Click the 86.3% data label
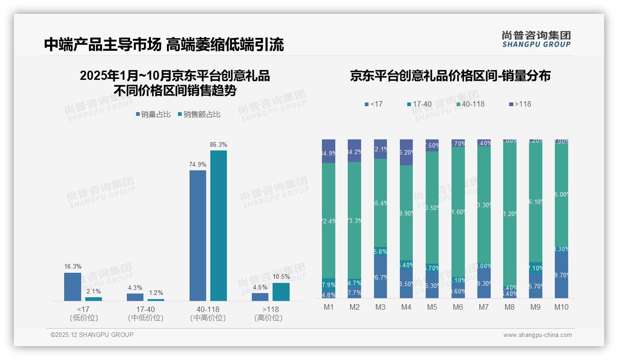(x=219, y=144)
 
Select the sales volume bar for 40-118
(x=198, y=235)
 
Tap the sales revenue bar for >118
(x=281, y=292)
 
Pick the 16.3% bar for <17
(x=72, y=287)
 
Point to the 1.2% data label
(x=155, y=293)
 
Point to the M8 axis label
(x=510, y=307)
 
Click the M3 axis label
(x=380, y=307)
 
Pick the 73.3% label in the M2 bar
(x=355, y=221)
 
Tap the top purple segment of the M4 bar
(x=406, y=152)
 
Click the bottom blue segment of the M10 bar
(x=561, y=276)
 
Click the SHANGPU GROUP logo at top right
(x=536, y=39)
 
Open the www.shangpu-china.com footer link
(x=537, y=335)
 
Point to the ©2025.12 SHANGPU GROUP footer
(x=92, y=335)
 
